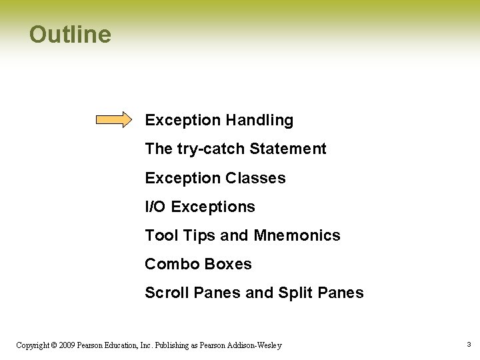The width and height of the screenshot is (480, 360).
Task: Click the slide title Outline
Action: [70, 35]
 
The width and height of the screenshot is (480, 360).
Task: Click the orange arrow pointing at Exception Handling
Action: [114, 120]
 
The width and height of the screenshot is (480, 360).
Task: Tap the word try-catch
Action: [211, 149]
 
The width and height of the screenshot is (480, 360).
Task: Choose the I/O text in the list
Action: [155, 207]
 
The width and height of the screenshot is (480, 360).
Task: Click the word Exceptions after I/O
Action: [213, 207]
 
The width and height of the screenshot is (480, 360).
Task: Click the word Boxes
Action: [229, 264]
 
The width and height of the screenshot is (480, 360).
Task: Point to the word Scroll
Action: [166, 293]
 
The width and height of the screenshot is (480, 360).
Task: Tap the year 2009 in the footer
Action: [67, 345]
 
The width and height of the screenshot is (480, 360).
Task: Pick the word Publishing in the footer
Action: [175, 345]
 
